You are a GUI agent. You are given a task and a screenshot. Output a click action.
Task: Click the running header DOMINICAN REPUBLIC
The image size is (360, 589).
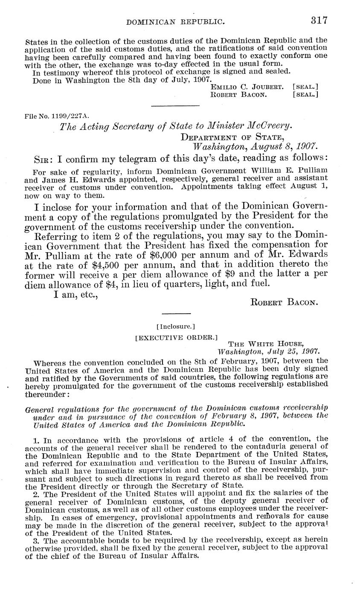tap(179, 21)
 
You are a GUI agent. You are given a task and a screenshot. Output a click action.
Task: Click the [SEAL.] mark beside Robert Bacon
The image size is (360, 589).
tap(305, 95)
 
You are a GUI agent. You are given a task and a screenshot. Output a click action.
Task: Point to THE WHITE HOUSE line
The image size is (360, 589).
tap(266, 344)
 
